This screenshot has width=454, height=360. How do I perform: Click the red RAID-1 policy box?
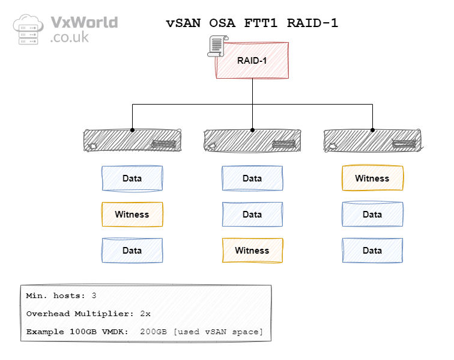[252, 60]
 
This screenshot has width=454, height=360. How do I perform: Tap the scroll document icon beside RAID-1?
[217, 47]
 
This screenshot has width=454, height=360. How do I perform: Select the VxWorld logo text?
[83, 29]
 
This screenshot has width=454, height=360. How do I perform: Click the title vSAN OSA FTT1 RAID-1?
[252, 23]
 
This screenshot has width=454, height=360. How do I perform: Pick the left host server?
[132, 140]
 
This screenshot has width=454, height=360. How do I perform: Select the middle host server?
[252, 140]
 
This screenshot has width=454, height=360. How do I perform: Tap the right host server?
[372, 140]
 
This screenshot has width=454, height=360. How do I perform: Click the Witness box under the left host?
[132, 215]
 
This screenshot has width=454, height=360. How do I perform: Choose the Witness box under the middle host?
[252, 251]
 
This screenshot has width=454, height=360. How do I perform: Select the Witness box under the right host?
[372, 178]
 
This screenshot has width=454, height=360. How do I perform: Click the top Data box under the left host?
[132, 178]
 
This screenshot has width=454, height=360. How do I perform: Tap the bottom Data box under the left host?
[132, 251]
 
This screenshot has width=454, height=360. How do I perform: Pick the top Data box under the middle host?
[252, 178]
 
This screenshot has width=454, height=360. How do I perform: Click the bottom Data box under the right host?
[372, 251]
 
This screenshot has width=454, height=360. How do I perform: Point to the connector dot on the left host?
[132, 130]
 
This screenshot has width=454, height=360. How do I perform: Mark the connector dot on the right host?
[372, 130]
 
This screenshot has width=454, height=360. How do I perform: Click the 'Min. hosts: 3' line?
[61, 296]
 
